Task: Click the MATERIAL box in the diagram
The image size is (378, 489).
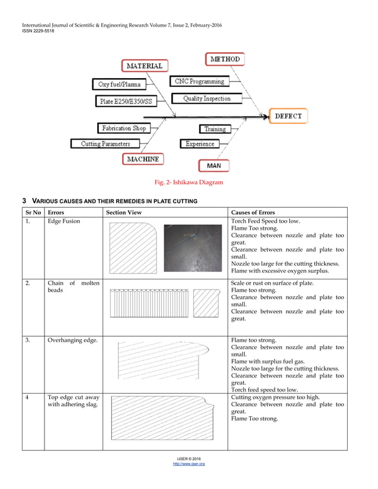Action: coord(145,66)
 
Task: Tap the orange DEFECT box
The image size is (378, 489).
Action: coord(288,116)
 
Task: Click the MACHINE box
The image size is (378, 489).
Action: coord(143,159)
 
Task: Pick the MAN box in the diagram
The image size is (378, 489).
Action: coord(213,166)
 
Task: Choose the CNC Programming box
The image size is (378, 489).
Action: coord(200,81)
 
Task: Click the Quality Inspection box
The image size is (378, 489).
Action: coord(206,98)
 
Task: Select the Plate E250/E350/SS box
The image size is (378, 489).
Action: coord(126,101)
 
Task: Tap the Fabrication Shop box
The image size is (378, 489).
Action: coord(124,128)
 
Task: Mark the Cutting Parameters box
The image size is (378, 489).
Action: coord(105,143)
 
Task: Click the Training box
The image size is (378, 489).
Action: coord(214,128)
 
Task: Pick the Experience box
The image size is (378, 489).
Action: coord(200,144)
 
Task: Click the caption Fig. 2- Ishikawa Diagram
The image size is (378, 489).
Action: coord(188,182)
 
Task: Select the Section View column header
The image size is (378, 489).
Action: coord(123,212)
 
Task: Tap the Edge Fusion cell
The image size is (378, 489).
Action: coord(63,221)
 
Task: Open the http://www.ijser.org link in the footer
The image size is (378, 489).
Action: coord(188,464)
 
